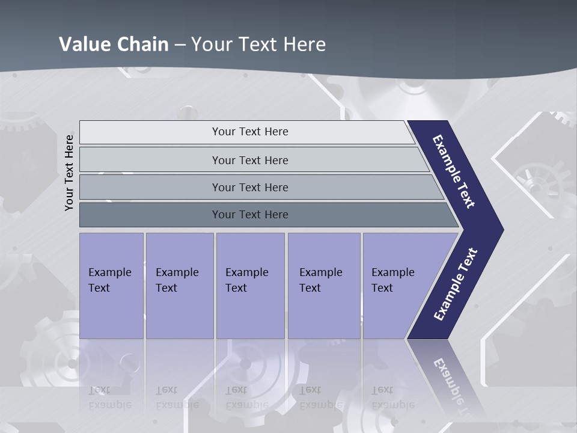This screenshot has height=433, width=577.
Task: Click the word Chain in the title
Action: [143, 45]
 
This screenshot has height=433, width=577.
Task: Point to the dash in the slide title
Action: [180, 45]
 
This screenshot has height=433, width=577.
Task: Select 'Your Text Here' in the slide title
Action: [258, 45]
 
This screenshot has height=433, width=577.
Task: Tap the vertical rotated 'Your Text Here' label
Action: [69, 173]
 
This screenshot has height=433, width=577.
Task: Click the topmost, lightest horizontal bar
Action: [249, 132]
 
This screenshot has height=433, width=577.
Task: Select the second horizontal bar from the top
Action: [249, 160]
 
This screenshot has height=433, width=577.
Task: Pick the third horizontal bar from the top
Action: [249, 187]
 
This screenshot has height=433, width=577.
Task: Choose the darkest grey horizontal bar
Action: [249, 215]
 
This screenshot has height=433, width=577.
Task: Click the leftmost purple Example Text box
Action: [111, 286]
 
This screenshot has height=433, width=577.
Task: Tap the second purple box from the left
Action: [179, 286]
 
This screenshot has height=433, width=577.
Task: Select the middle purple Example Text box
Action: [250, 286]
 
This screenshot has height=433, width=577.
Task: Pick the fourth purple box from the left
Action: [324, 286]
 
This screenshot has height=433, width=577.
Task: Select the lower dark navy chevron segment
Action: [455, 286]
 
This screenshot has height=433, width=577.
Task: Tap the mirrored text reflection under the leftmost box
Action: [109, 398]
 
